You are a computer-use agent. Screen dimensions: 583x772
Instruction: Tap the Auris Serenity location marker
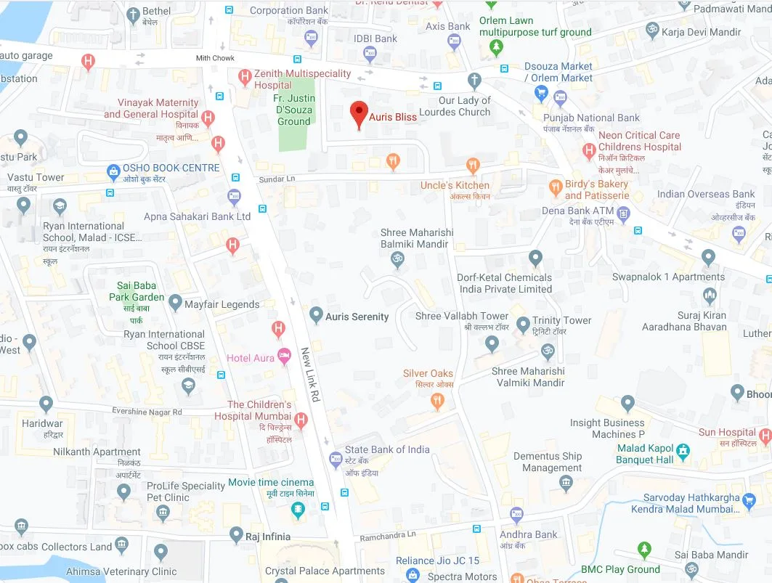(x=316, y=315)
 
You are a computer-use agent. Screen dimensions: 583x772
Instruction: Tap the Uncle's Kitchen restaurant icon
(x=473, y=166)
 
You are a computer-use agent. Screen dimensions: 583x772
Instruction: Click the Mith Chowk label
(x=215, y=58)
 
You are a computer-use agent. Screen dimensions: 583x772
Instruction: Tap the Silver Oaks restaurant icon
(x=438, y=399)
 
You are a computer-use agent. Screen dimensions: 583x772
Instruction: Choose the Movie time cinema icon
(x=297, y=510)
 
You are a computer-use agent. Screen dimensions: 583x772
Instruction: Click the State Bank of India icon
(x=335, y=459)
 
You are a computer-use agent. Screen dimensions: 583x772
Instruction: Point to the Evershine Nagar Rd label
(x=147, y=412)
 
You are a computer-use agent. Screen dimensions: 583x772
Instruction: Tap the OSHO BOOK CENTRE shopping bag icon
(x=113, y=172)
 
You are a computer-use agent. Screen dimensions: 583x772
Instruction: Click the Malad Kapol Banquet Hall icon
(x=683, y=454)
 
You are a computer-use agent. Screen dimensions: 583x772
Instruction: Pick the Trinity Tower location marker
(x=523, y=325)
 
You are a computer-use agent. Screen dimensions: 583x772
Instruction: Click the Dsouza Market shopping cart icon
(x=540, y=92)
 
